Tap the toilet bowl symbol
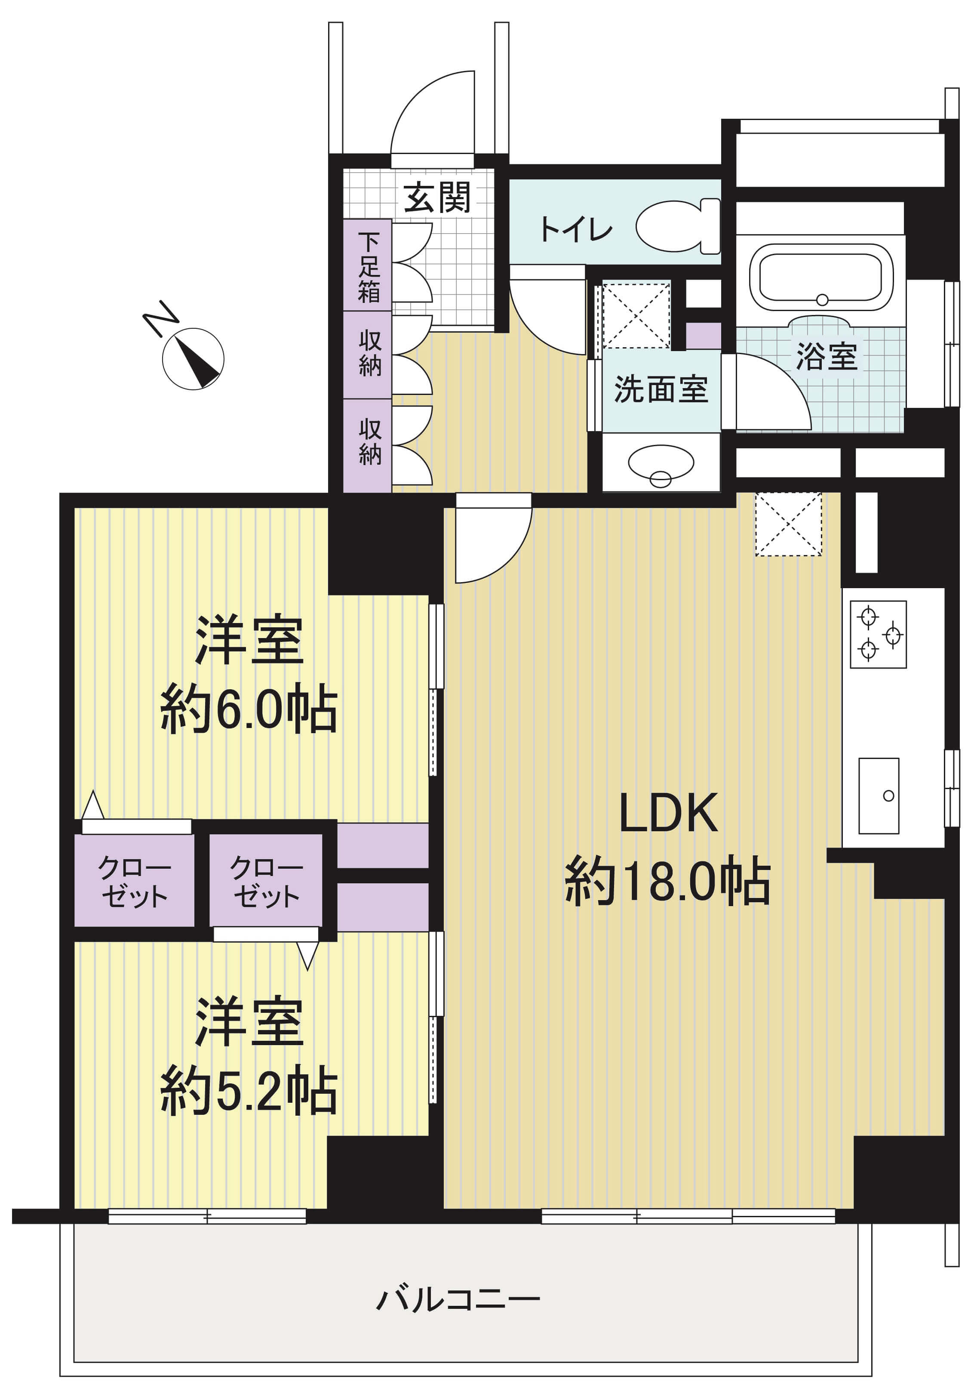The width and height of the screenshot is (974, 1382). [x=677, y=227]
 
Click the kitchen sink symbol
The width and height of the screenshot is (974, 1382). [x=879, y=796]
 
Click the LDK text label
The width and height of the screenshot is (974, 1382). [x=668, y=813]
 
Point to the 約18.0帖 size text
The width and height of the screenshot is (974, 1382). [x=667, y=881]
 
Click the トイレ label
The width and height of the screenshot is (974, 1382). [x=576, y=229]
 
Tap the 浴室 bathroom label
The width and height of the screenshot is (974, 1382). [x=827, y=356]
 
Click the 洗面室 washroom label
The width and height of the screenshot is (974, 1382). [x=661, y=389]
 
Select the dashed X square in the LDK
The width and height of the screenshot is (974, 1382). [x=788, y=524]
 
